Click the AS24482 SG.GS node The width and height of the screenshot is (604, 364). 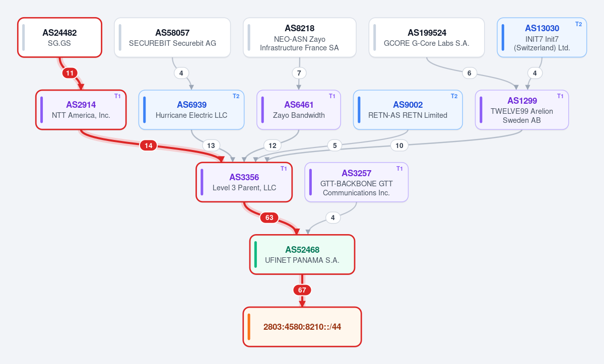(x=60, y=37)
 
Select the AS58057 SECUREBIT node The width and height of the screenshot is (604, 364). (x=172, y=37)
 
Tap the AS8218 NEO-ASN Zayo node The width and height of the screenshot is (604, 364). (x=299, y=37)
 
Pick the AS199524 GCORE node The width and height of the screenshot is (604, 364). (x=426, y=37)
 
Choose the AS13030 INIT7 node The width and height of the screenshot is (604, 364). (x=542, y=37)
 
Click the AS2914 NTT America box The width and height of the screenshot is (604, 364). (x=81, y=110)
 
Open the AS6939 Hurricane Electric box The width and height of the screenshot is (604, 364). (x=191, y=110)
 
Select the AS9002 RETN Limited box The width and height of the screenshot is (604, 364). (x=408, y=110)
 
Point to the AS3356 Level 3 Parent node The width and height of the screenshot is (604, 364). (x=244, y=182)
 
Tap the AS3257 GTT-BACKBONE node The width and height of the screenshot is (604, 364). (x=356, y=182)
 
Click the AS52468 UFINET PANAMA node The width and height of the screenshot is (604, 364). (x=302, y=254)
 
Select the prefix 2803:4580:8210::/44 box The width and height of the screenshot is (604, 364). (x=302, y=327)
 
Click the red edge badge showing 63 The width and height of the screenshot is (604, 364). (x=270, y=218)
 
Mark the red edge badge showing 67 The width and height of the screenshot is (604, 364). (x=302, y=290)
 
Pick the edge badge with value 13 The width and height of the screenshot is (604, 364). (x=211, y=145)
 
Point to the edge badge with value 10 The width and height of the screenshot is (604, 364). (x=399, y=145)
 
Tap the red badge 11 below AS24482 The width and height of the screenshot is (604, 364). (x=70, y=73)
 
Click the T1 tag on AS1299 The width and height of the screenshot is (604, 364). (x=561, y=96)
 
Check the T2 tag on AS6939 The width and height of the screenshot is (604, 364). (x=236, y=96)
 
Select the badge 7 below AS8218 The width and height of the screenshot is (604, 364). (x=299, y=73)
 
